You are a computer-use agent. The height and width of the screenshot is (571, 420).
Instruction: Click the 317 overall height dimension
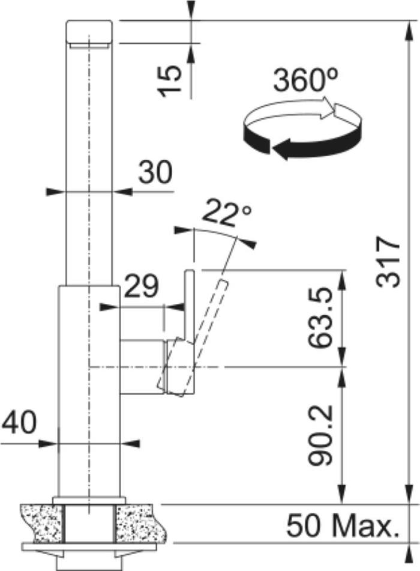[x=389, y=261]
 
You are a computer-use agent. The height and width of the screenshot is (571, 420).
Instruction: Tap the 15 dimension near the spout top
[x=171, y=81]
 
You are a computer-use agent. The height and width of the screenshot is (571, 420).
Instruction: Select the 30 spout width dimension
[x=155, y=172]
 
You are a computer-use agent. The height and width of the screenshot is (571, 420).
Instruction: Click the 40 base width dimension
[x=19, y=423]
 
